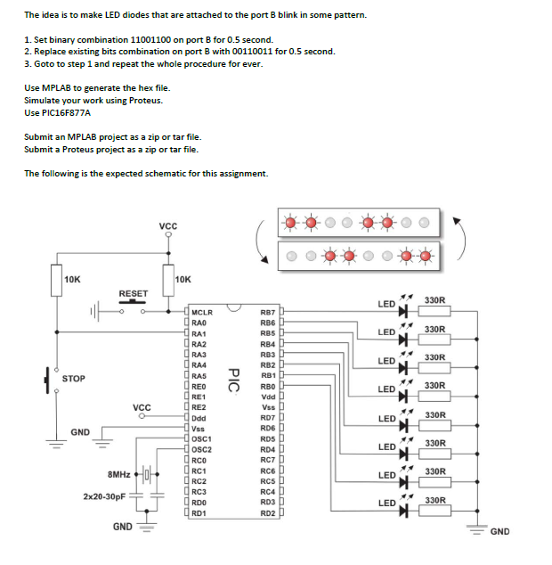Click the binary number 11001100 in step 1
[x=154, y=40]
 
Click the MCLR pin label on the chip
[x=202, y=313]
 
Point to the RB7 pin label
[x=267, y=313]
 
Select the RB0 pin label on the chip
[x=267, y=387]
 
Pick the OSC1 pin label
[x=202, y=439]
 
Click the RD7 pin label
[x=267, y=418]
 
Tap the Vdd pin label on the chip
[x=267, y=397]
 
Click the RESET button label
[x=134, y=293]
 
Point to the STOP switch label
[x=73, y=379]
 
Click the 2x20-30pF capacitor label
[x=104, y=495]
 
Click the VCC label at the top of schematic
[x=167, y=225]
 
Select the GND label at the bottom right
[x=499, y=532]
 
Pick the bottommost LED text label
[x=386, y=504]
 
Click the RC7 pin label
[x=267, y=460]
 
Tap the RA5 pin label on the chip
[x=199, y=376]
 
